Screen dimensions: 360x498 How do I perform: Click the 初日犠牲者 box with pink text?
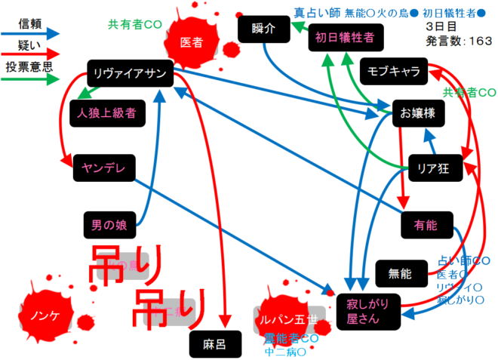[x=344, y=35]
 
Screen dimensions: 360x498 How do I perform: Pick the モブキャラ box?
[x=395, y=71]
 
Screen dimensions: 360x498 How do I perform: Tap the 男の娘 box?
[x=109, y=224]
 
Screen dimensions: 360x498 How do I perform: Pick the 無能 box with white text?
[x=401, y=273]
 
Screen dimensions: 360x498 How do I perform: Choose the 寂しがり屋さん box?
[x=368, y=309]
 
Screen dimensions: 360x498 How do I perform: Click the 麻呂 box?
[x=215, y=344]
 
